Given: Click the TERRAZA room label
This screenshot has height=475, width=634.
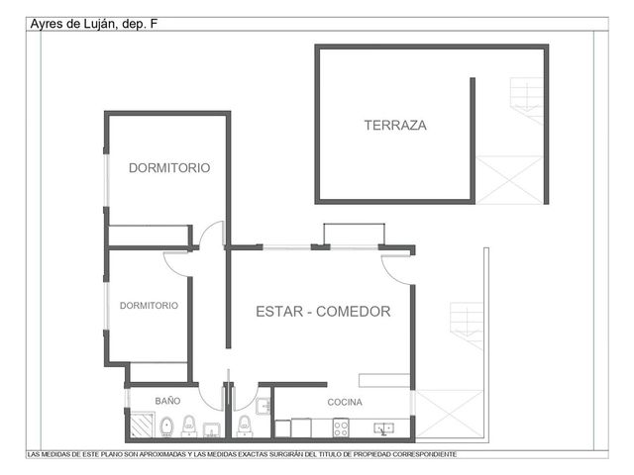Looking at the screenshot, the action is pyautogui.click(x=395, y=126).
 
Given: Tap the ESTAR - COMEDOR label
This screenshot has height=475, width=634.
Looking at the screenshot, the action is pyautogui.click(x=323, y=312).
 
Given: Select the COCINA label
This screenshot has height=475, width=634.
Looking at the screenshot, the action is pyautogui.click(x=345, y=402).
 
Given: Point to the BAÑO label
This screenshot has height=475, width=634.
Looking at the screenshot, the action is pyautogui.click(x=167, y=401).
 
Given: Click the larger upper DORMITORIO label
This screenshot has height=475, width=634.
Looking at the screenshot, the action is pyautogui.click(x=169, y=167).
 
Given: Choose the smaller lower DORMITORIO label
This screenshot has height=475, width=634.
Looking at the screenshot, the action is pyautogui.click(x=149, y=306).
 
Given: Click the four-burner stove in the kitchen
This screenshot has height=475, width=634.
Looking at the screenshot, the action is pyautogui.click(x=341, y=427).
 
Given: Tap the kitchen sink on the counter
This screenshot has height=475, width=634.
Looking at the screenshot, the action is pyautogui.click(x=383, y=428).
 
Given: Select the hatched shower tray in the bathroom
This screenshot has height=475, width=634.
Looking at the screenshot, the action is pyautogui.click(x=142, y=425).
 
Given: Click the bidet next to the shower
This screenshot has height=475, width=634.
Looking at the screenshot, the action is pyautogui.click(x=166, y=427).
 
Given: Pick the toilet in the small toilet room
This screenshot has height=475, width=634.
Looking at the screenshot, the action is pyautogui.click(x=245, y=426).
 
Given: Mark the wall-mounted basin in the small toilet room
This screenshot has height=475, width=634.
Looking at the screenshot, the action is pyautogui.click(x=264, y=406).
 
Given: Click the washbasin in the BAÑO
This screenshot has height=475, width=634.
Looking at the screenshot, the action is pyautogui.click(x=211, y=429).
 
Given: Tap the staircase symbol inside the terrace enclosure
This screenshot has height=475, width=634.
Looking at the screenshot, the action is pyautogui.click(x=526, y=100).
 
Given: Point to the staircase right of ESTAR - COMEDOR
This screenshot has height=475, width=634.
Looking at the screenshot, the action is pyautogui.click(x=467, y=326).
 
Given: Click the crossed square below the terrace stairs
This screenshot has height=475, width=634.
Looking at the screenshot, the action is pyautogui.click(x=509, y=180).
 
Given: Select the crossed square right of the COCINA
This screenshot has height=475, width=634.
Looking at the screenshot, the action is pyautogui.click(x=449, y=414).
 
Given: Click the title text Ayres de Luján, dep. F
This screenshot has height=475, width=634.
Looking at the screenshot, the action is pyautogui.click(x=94, y=24).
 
